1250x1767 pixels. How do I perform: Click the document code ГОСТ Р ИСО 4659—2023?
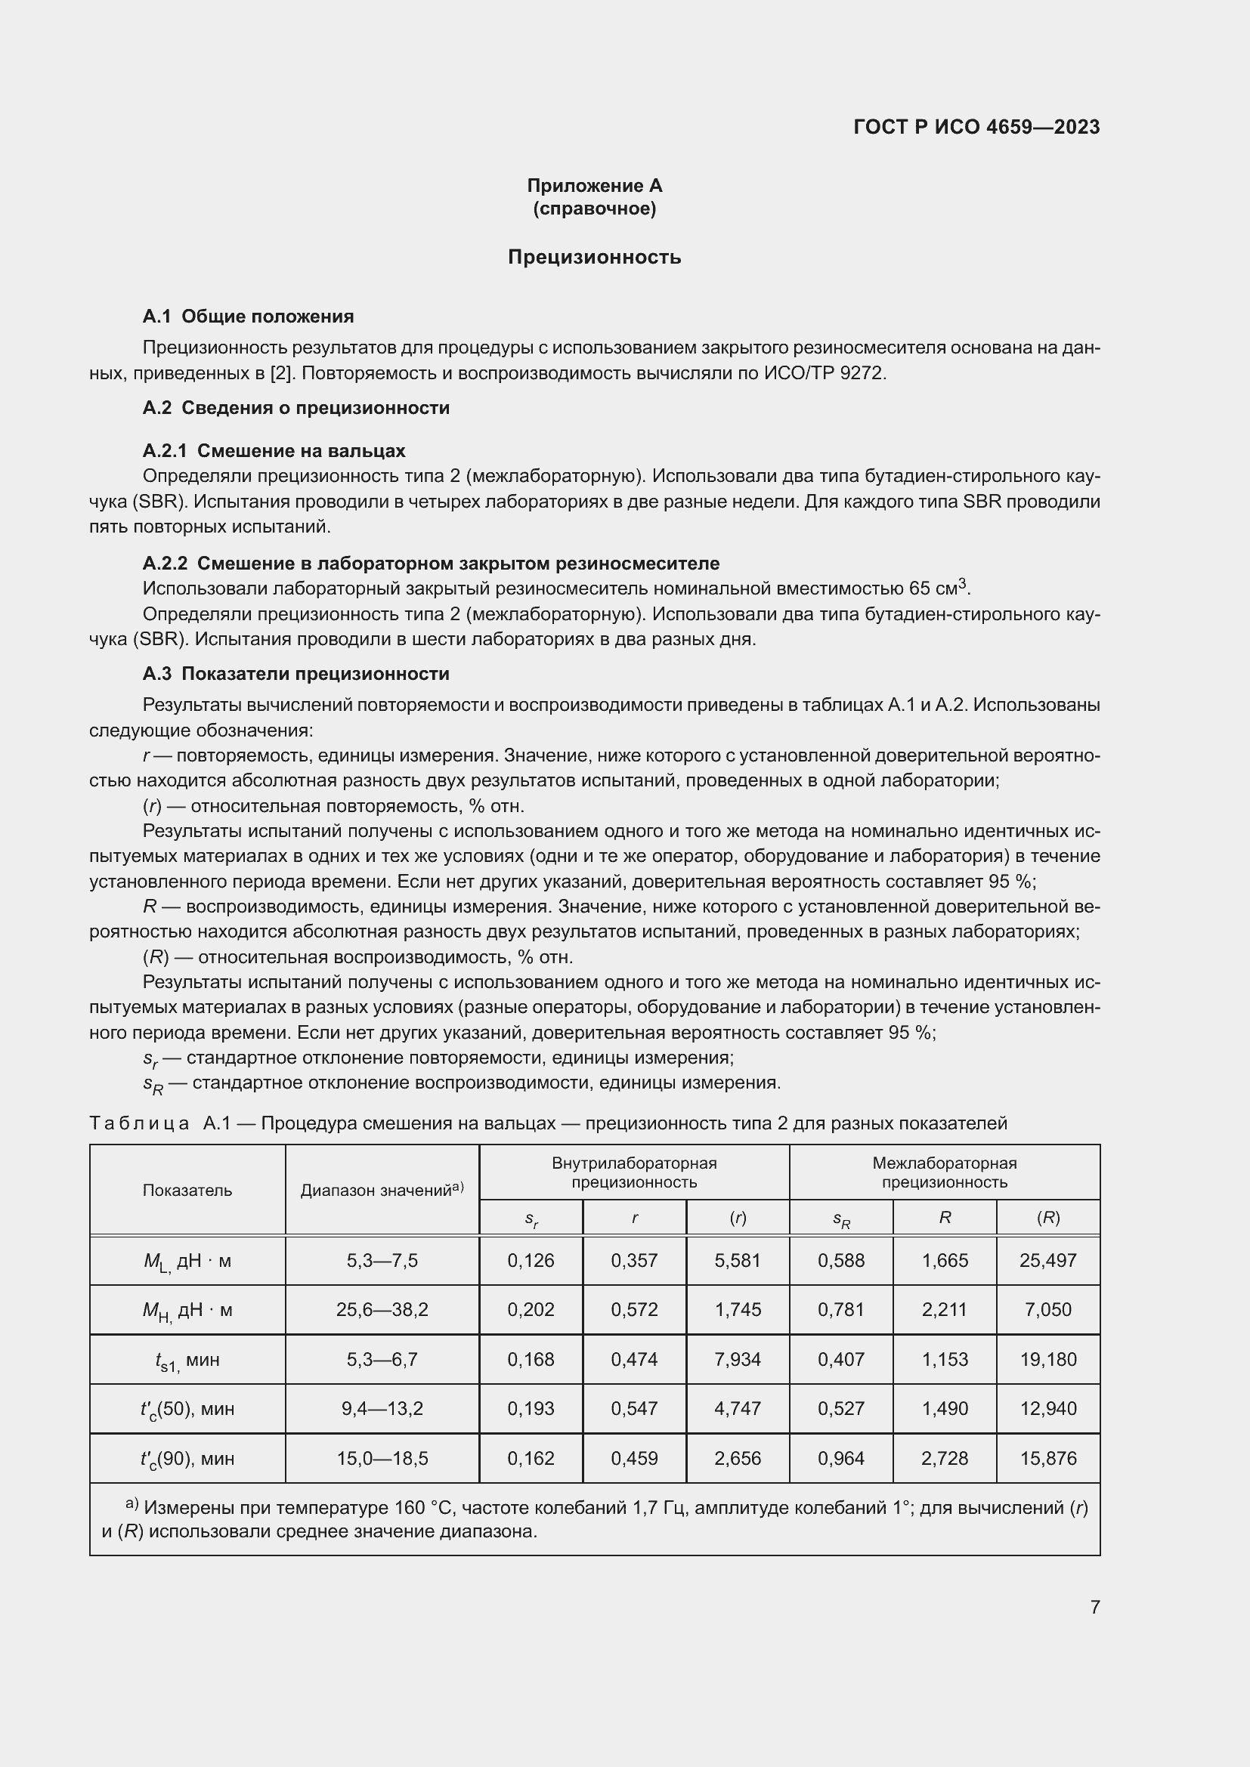tap(976, 127)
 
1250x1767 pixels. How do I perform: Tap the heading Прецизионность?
tap(594, 257)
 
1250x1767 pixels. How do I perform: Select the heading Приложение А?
tap(594, 186)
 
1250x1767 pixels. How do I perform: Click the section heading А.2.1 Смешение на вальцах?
tap(274, 450)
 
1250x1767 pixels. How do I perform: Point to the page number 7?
tap(1094, 1607)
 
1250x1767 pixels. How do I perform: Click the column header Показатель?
tap(187, 1191)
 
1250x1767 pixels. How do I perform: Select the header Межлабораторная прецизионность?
tap(945, 1173)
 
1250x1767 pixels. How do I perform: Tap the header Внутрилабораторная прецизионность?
tap(633, 1173)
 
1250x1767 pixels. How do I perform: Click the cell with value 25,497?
tap(1047, 1261)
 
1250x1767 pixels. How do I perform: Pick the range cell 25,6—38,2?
tap(382, 1310)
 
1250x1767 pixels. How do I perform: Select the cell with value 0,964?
tap(840, 1458)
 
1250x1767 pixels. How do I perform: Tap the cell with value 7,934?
tap(738, 1359)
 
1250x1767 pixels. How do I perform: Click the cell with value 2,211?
tap(945, 1310)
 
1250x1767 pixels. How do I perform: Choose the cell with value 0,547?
tap(633, 1408)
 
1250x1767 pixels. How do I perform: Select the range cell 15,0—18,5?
tap(382, 1458)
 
